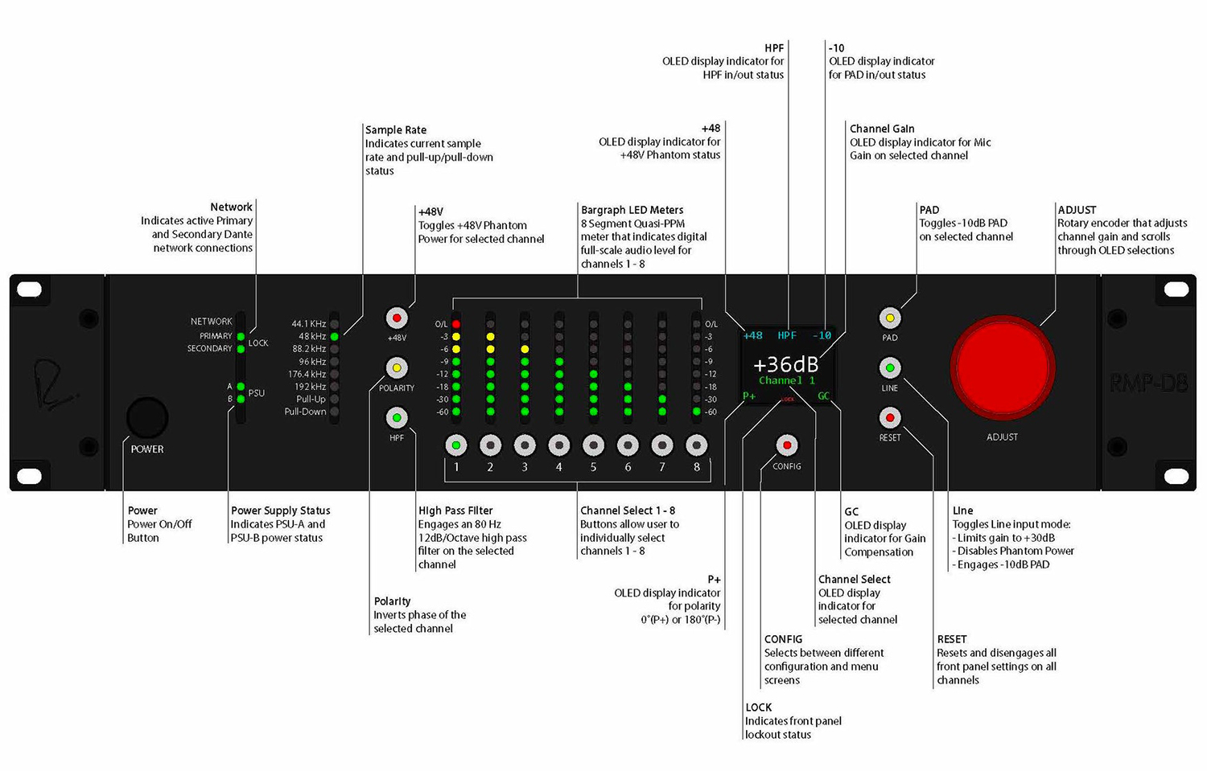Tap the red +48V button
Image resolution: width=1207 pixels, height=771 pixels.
pos(397,318)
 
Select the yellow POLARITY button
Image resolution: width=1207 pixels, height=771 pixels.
pos(397,368)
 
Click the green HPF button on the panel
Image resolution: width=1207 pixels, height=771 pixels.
pos(397,418)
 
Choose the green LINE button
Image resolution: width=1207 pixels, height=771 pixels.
pos(889,368)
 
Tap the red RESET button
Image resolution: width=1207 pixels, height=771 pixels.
pos(889,418)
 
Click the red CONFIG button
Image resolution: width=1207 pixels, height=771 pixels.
pos(786,445)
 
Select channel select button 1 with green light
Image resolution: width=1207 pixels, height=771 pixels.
pos(456,445)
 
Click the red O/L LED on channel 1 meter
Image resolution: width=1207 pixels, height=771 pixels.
pos(456,324)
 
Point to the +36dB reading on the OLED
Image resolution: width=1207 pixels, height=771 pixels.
pos(785,364)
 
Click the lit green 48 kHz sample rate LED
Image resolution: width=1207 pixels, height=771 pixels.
pos(335,337)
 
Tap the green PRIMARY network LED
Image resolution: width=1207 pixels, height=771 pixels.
pos(241,336)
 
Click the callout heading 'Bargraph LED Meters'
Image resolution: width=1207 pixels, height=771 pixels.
pos(632,210)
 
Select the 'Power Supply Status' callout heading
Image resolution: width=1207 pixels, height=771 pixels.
pos(280,511)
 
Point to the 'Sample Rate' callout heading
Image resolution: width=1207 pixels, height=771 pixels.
pos(396,129)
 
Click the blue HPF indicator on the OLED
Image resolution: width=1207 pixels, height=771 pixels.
pos(787,335)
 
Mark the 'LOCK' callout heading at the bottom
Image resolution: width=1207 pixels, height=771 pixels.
pos(758,707)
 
